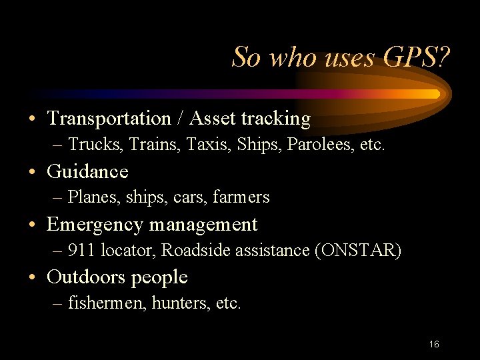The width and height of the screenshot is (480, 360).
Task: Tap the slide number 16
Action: pos(434,345)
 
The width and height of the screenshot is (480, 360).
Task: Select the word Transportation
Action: pos(109,119)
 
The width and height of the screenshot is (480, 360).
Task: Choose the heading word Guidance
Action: pos(87,171)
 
